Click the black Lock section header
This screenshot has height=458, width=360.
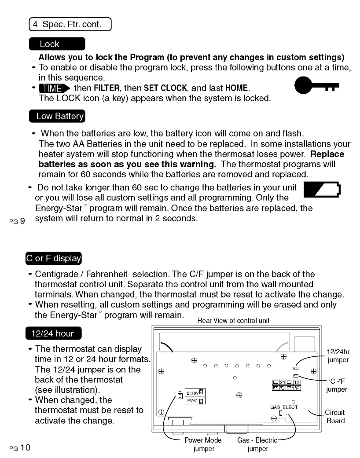[x=57, y=44]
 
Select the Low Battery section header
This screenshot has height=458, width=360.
[x=56, y=116]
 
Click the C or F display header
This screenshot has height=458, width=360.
[x=53, y=258]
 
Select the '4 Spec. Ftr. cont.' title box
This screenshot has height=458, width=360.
[x=70, y=24]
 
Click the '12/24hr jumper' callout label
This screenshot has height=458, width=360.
[x=338, y=355]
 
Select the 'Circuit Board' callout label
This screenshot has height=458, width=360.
[x=334, y=416]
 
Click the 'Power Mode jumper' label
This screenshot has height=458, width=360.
[x=203, y=444]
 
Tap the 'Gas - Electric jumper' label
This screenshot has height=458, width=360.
[x=257, y=444]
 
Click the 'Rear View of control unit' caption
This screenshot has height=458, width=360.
[x=233, y=320]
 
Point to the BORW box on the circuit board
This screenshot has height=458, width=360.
[x=192, y=392]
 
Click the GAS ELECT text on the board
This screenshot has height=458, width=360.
[x=284, y=407]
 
